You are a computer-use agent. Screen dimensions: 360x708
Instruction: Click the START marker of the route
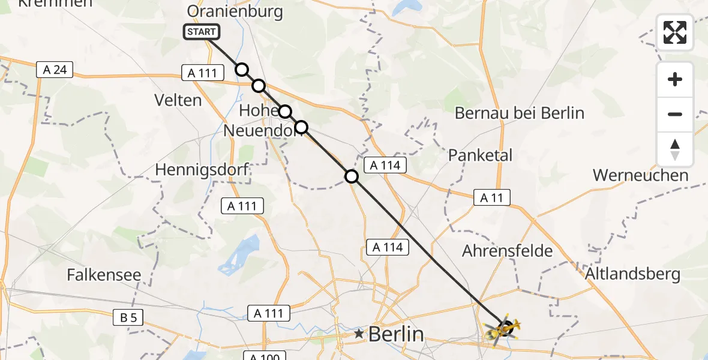tap(202, 32)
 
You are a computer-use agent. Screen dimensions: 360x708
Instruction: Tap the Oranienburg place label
tap(235, 11)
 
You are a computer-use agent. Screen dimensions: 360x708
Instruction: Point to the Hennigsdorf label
tap(202, 170)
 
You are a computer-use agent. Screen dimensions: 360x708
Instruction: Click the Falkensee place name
tap(104, 275)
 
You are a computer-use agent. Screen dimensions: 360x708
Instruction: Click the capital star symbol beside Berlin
tap(359, 333)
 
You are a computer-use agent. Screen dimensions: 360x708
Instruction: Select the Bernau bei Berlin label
tap(520, 113)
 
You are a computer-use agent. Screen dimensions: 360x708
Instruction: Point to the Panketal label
tap(480, 155)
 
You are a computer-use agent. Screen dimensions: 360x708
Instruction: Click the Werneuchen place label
tap(640, 175)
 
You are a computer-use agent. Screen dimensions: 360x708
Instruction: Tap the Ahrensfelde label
tap(507, 251)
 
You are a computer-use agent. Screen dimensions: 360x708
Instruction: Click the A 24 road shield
tap(55, 70)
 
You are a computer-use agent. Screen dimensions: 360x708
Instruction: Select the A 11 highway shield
tap(491, 197)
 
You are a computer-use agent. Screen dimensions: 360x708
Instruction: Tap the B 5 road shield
tap(127, 317)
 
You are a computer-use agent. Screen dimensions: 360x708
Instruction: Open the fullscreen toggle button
tap(675, 32)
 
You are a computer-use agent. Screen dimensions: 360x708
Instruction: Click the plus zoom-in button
tap(675, 79)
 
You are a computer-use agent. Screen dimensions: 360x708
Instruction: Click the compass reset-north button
tap(675, 149)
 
